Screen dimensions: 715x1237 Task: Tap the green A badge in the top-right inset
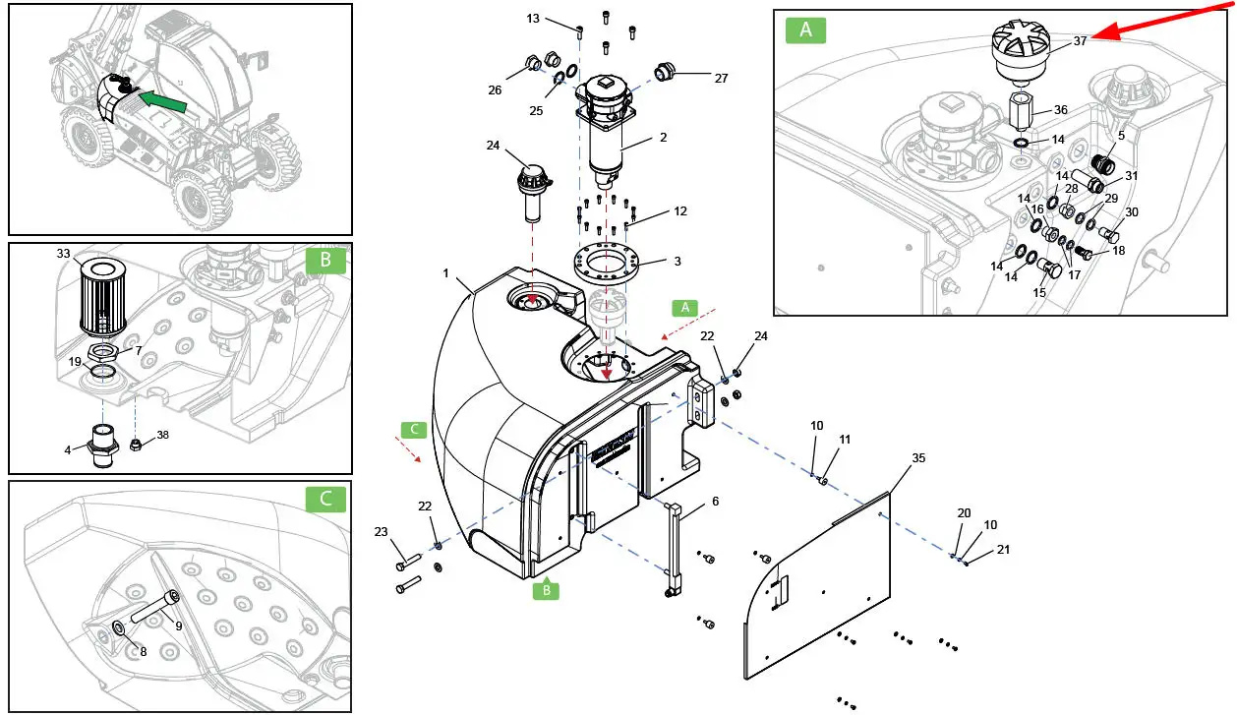805,30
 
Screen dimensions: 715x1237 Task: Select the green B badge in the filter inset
325,261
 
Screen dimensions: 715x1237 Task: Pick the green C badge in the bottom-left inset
325,499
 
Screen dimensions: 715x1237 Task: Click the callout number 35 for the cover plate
918,458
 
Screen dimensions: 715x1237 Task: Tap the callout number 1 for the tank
445,272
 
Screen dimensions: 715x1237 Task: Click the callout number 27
721,79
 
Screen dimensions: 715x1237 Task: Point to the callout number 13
533,19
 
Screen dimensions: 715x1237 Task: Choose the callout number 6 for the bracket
715,501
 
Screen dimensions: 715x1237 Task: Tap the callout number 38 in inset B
162,434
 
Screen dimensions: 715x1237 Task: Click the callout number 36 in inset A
1060,110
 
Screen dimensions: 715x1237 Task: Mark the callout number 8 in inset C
143,651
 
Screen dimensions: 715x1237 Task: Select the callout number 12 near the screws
680,211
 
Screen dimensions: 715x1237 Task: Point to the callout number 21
1003,550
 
